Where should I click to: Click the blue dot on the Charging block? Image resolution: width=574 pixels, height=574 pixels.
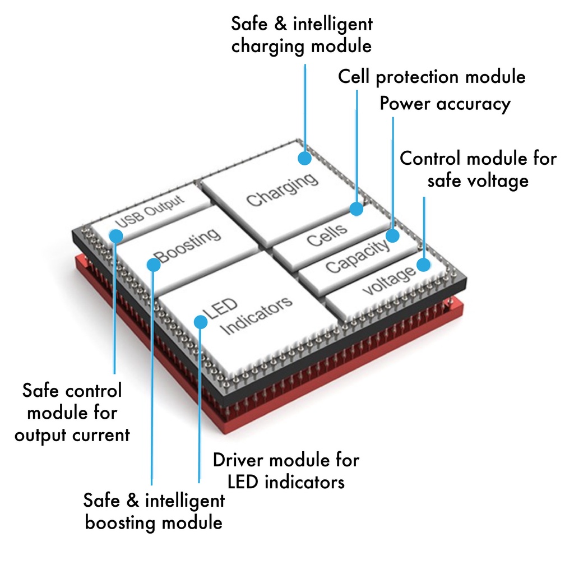304,158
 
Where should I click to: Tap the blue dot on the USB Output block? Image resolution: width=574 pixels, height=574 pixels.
116,235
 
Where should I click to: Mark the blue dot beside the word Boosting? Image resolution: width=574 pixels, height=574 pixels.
153,264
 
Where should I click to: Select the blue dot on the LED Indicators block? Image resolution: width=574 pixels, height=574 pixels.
200,321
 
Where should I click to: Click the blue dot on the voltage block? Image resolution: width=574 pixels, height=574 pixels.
424,264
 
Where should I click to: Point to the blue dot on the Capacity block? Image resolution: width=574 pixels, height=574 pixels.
392,235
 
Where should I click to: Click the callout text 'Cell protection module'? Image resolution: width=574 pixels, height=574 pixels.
432,77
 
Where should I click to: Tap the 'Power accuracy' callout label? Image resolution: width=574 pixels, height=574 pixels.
445,104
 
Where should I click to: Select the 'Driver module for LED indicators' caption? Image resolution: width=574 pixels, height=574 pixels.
286,471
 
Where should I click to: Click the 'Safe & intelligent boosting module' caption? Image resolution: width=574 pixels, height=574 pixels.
154,511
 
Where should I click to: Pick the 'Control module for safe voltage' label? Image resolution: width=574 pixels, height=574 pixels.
478,169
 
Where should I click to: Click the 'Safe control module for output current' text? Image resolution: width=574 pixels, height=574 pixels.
72,412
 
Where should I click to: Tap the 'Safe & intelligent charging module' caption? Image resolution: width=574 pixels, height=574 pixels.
302,35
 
